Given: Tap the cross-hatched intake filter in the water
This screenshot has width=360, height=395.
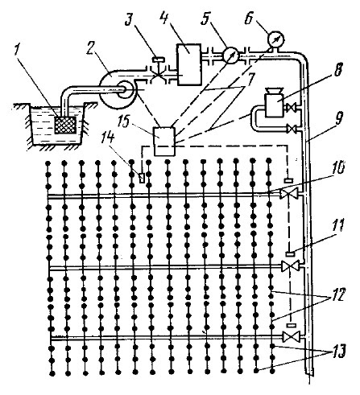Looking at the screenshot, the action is point(65,125).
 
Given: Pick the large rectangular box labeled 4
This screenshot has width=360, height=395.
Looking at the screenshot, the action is point(188,64).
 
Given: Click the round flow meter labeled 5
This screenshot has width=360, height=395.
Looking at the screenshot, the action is point(231,55).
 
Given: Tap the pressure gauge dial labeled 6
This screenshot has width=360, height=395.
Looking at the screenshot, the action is point(276,39).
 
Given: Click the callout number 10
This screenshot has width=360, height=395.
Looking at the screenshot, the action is point(339,170).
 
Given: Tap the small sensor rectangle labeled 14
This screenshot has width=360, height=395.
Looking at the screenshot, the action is point(142,178).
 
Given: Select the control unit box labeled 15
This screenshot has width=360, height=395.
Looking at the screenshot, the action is point(164,141).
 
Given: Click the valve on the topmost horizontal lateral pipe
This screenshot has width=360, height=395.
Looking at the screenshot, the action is point(288,194).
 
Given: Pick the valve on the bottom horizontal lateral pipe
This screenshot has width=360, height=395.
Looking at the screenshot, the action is point(291,337).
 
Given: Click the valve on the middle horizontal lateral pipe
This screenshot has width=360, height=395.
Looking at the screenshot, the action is point(290,267).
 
